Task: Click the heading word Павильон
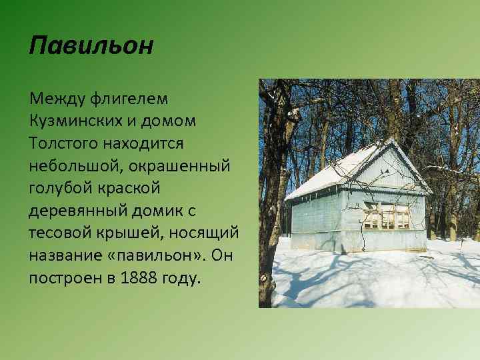pyautogui.click(x=92, y=46)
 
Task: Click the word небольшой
pyautogui.click(x=79, y=166)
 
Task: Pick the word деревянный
pyautogui.click(x=81, y=211)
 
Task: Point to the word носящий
pyautogui.click(x=205, y=233)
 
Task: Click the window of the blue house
pyautogui.click(x=386, y=215)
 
